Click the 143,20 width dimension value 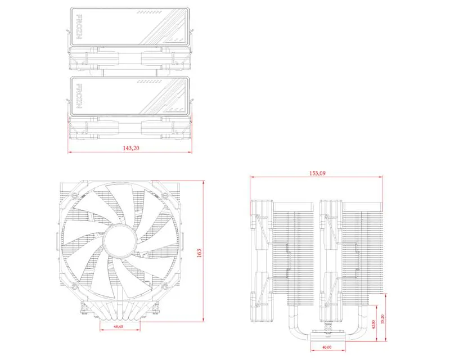129,148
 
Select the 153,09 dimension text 318,173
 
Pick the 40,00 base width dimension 326,348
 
